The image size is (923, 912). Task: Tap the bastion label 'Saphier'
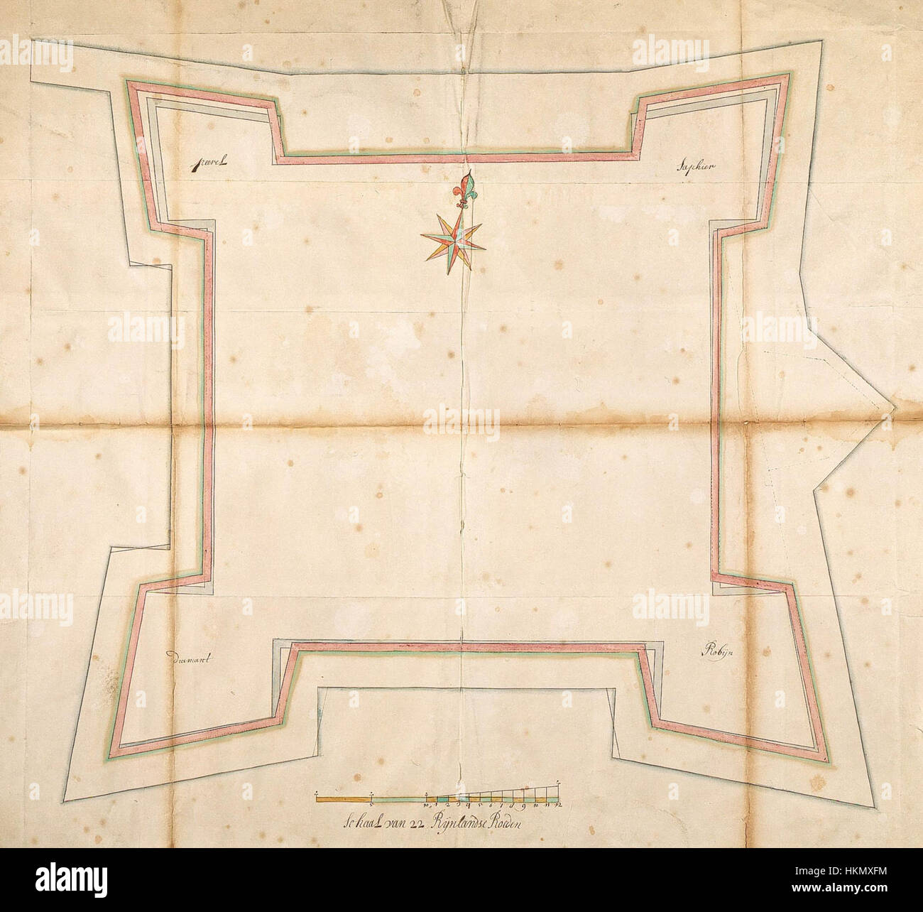click(697, 167)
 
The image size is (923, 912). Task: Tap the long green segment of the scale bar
click(398, 800)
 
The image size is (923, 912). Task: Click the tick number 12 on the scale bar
click(559, 805)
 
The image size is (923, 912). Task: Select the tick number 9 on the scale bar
click(522, 805)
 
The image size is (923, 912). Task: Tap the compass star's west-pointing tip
click(422, 236)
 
